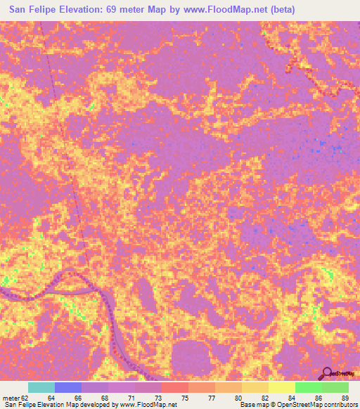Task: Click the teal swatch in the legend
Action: point(41,387)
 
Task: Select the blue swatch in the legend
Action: point(68,387)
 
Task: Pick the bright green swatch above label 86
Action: point(308,387)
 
